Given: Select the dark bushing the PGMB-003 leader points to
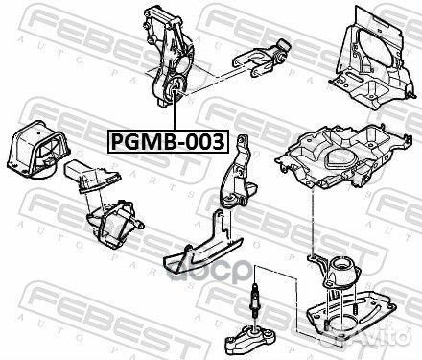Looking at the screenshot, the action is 176,93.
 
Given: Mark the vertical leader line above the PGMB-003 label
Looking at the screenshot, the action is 175,115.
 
